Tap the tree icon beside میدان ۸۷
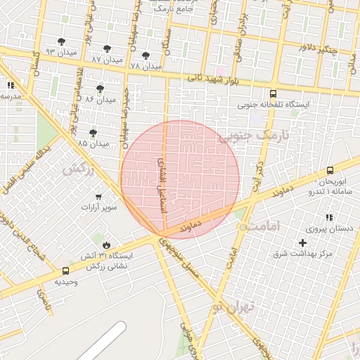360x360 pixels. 107,49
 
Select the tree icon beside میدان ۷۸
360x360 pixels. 146,55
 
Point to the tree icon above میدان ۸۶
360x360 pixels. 100,89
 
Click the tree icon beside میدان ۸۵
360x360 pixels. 93,132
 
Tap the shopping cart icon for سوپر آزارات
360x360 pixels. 98,197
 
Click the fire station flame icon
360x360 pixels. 106,245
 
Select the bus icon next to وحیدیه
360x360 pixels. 65,271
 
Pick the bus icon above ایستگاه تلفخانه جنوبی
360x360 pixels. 273,94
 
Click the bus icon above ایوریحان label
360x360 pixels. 330,170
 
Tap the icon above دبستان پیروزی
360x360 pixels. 328,218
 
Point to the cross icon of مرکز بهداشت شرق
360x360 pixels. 302,243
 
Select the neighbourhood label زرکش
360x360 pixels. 77,169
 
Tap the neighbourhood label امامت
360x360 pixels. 264,226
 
